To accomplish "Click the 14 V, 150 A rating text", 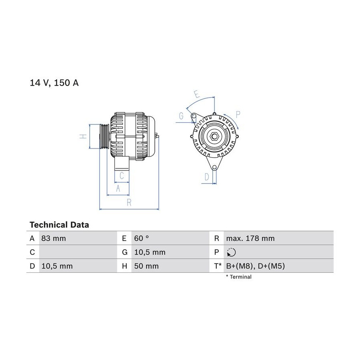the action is [54, 83].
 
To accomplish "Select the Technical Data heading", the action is [59, 225].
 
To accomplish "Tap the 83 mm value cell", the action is [54, 238].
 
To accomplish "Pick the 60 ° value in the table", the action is [142, 238].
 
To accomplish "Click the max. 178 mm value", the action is [250, 238].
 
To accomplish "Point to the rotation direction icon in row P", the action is [231, 252].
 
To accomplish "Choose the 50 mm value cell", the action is [146, 266].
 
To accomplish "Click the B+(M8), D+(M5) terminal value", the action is [255, 266].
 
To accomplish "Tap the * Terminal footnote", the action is [238, 277].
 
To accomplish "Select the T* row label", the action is [218, 266].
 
